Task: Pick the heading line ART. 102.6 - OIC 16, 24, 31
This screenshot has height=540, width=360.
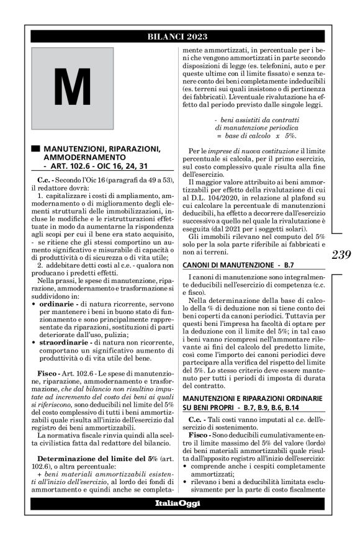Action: pos(96,166)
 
